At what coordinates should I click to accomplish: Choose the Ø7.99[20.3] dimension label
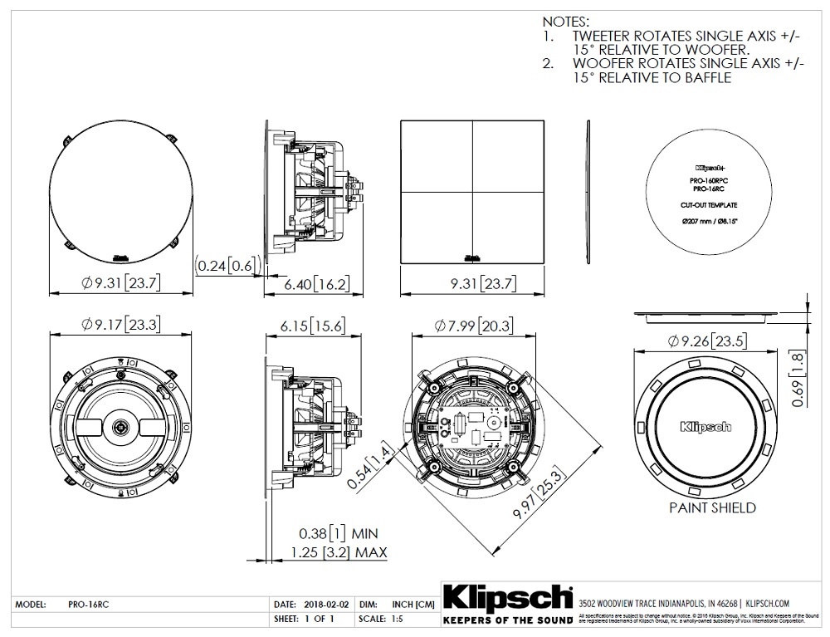pos(470,326)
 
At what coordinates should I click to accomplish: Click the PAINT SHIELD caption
pos(712,507)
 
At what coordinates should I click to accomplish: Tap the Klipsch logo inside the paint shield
pos(705,427)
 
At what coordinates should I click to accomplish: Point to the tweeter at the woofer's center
pos(121,427)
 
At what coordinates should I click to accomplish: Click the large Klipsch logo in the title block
pos(507,599)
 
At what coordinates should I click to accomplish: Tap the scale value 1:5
pos(395,620)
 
